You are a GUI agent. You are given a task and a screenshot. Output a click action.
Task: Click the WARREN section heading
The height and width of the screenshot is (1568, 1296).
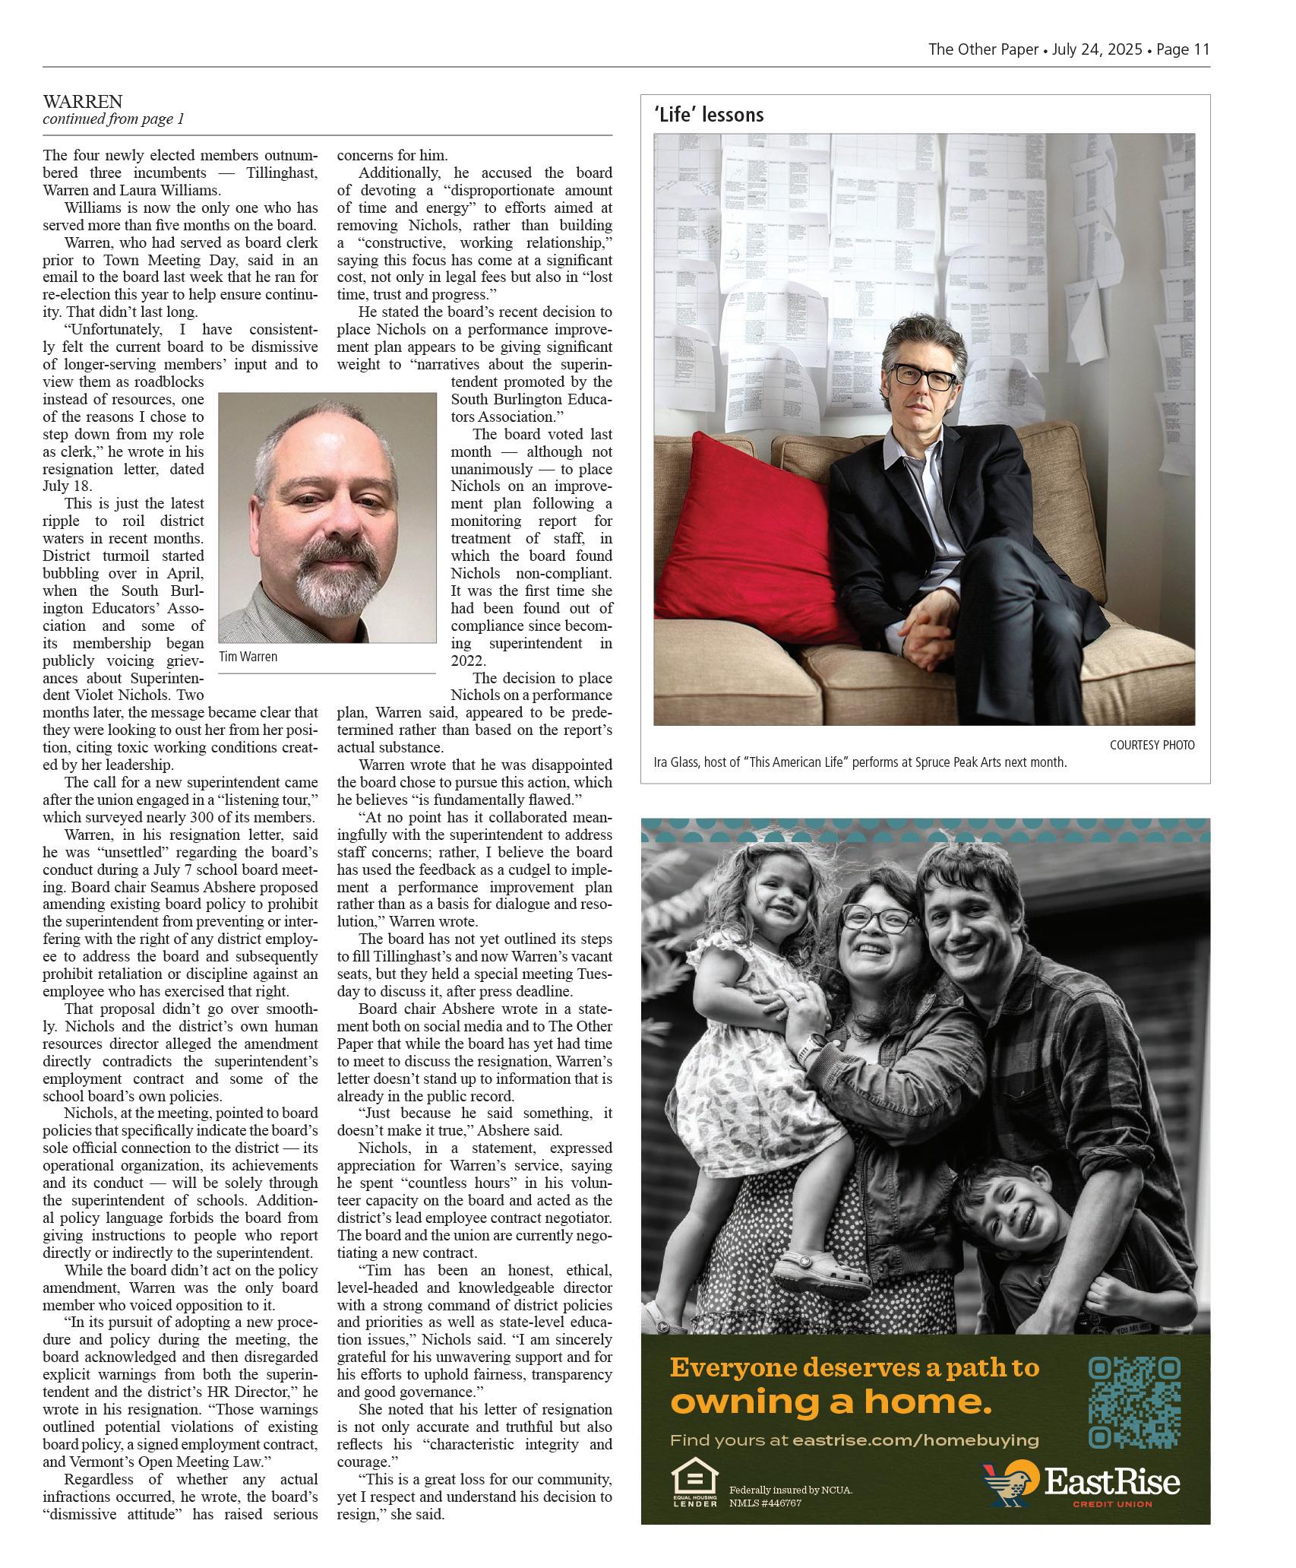(x=82, y=101)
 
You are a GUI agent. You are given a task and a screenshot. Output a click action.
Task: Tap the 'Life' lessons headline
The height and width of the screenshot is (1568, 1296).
(x=708, y=115)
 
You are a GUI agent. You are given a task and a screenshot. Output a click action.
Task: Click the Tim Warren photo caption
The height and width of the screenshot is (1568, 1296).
(x=248, y=657)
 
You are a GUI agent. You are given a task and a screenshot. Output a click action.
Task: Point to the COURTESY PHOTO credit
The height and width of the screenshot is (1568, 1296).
(x=1152, y=745)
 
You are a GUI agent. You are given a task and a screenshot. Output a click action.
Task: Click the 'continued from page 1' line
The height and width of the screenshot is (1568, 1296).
(x=113, y=119)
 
